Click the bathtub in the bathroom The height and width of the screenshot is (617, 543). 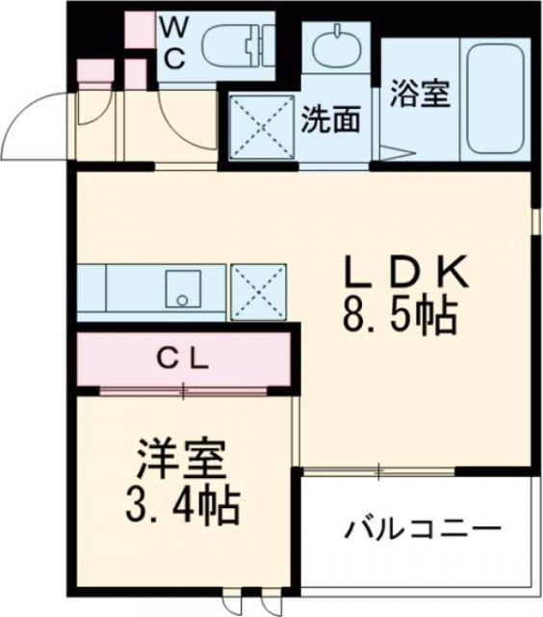point(494,99)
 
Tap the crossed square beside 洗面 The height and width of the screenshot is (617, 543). point(260,126)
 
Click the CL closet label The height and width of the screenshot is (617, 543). point(183,360)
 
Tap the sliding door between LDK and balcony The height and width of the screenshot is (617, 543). point(380,471)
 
